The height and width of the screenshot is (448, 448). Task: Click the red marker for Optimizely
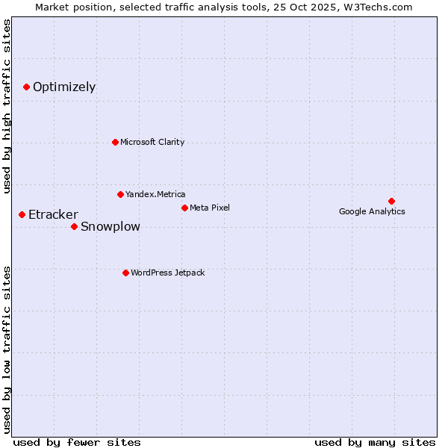coord(26,87)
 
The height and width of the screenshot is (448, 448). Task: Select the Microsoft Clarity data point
coord(115,142)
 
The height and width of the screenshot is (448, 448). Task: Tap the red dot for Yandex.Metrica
coord(120,194)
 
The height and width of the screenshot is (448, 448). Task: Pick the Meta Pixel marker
coord(184,208)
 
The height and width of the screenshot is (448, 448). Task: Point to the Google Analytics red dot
coord(391,201)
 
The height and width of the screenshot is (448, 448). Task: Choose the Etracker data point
coord(22,214)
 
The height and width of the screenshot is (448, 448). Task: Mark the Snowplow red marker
coord(74,226)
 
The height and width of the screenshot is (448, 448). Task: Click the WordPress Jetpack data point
coord(125,273)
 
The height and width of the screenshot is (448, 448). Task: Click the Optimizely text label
coord(64,87)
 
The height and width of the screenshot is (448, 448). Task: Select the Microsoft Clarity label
coord(152,142)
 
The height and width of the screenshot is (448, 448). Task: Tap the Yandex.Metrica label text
coord(155,194)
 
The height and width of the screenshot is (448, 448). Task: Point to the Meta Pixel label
coord(210,208)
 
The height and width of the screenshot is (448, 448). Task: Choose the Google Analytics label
coord(372,211)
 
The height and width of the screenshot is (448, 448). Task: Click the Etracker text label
coord(53,215)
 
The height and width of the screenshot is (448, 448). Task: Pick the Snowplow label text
coord(110,227)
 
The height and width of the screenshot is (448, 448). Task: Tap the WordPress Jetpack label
coord(167,273)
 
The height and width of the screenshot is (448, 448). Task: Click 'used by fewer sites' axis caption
coord(77,442)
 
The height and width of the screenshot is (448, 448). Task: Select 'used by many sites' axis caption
coord(375,442)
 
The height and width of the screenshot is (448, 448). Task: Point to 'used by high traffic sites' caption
coord(7,106)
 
